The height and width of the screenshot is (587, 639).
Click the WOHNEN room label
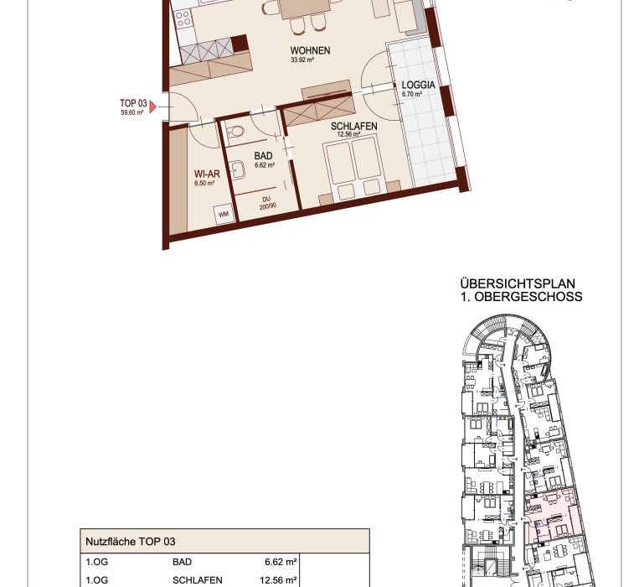(310, 50)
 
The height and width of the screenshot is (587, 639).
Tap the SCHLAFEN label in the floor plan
(353, 126)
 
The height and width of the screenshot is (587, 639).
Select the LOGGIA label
(418, 86)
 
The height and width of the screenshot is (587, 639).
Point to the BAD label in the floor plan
(263, 156)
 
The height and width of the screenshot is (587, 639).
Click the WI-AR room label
(207, 174)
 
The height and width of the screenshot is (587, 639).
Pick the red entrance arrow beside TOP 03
(152, 106)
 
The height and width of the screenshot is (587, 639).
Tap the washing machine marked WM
(224, 214)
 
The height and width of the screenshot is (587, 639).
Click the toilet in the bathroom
(235, 132)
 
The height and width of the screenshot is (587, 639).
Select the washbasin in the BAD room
(237, 169)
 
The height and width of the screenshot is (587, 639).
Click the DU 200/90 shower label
(267, 203)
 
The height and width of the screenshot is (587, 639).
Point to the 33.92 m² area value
(302, 60)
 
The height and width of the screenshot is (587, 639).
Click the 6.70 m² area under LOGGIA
(412, 94)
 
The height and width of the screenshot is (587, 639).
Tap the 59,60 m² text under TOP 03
(132, 112)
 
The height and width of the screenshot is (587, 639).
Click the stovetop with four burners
(183, 18)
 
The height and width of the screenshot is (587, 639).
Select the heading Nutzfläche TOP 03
(131, 542)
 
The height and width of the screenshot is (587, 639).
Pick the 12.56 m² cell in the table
(278, 580)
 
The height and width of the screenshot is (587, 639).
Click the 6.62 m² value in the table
(281, 562)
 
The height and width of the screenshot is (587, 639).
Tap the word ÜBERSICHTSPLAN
(518, 283)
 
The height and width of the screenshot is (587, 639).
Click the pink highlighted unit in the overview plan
(550, 515)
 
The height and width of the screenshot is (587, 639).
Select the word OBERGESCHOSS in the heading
(528, 297)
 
